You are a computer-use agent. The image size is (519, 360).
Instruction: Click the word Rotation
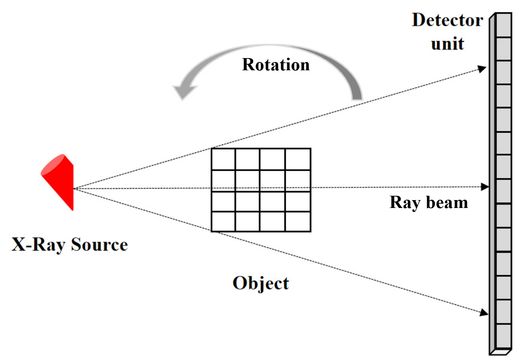276,65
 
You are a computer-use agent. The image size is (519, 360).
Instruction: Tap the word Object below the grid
261,284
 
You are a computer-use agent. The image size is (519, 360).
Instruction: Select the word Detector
447,20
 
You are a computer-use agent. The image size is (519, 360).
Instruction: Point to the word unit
447,43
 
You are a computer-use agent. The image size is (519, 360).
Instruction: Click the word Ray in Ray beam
405,203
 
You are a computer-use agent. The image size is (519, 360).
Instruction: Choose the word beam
447,202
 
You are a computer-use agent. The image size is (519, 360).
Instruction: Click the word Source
99,244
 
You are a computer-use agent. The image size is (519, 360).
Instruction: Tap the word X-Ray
38,245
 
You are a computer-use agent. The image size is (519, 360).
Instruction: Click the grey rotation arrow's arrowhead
184,91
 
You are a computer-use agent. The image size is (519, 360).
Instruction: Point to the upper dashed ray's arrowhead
482,69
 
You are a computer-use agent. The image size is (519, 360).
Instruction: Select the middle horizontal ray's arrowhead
485,187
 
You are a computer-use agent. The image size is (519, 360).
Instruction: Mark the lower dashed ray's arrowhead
484,312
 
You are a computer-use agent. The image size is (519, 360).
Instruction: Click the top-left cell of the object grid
223,159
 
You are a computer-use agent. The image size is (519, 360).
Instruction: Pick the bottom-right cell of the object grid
298,221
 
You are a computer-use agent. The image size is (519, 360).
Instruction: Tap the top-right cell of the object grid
298,159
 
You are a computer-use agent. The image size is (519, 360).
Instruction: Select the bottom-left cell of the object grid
223,221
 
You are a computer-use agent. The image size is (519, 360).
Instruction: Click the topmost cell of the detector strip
504,25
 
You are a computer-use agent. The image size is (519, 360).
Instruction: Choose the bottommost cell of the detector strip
504,336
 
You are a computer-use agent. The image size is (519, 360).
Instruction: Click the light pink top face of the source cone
53,164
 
